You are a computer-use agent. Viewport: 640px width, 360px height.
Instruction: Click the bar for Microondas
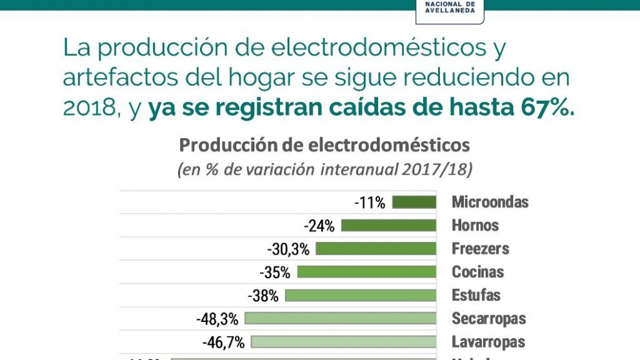[x=414, y=203]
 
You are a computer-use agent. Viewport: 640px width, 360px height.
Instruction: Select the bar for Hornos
[x=388, y=226]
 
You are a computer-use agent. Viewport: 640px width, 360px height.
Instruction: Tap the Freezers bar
[x=376, y=249]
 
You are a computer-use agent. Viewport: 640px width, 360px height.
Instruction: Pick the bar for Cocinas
[x=366, y=272]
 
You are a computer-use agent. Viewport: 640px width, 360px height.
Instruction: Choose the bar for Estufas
[x=361, y=295]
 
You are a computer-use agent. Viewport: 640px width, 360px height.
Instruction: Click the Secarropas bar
[x=341, y=319]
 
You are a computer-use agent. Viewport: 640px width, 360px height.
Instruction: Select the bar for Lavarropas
[x=343, y=342]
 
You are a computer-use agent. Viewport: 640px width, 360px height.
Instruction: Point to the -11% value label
[x=370, y=203]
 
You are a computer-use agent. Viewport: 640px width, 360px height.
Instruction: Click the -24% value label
[x=319, y=226]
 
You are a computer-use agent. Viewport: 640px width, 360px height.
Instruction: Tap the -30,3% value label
[x=288, y=249]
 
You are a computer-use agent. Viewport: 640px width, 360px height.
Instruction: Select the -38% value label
[x=263, y=295]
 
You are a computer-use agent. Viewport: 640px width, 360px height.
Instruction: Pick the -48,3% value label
[x=217, y=319]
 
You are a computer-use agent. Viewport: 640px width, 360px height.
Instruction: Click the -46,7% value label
[x=223, y=342]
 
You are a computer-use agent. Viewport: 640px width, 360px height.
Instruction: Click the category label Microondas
[x=490, y=202]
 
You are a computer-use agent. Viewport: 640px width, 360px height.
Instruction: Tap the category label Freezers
[x=480, y=248]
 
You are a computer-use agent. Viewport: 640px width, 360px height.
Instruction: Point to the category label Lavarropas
[x=488, y=341]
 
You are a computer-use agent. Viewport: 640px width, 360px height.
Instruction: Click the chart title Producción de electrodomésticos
[x=325, y=145]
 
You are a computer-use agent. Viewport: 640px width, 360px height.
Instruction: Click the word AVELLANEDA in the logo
[x=451, y=10]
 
